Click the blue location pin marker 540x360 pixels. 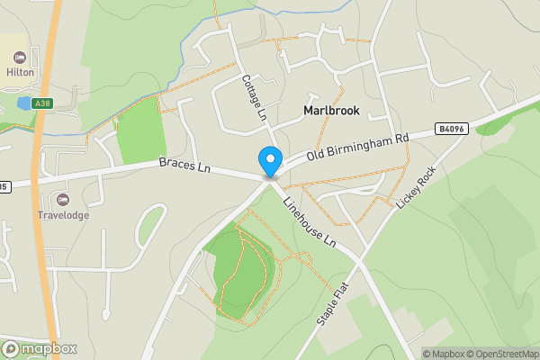point(269,162)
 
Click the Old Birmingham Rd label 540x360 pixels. point(357,144)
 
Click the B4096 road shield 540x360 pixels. point(450,130)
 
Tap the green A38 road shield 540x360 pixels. point(41,104)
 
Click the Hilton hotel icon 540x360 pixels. point(20,58)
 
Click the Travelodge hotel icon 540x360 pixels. point(62,199)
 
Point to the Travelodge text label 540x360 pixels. point(62,215)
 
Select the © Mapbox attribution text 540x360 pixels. point(443,354)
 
